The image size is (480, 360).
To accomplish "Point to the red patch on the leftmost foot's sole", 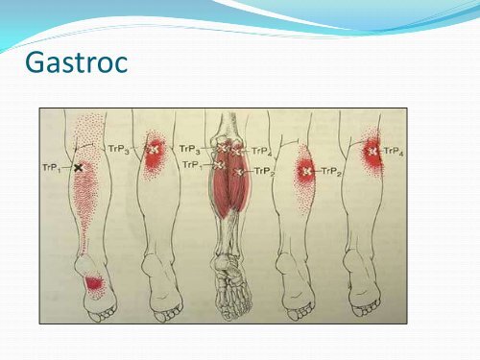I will tap(94, 283).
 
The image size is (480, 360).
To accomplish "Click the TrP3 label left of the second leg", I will tap(119, 150).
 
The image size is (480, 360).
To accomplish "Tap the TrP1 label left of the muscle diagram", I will tap(192, 165).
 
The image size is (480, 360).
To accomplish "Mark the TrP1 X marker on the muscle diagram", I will tap(218, 166).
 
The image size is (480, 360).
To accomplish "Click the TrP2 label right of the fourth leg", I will tap(332, 172).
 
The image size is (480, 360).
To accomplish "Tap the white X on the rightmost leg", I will tap(371, 151).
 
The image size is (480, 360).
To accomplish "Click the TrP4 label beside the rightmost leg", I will tap(394, 151).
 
